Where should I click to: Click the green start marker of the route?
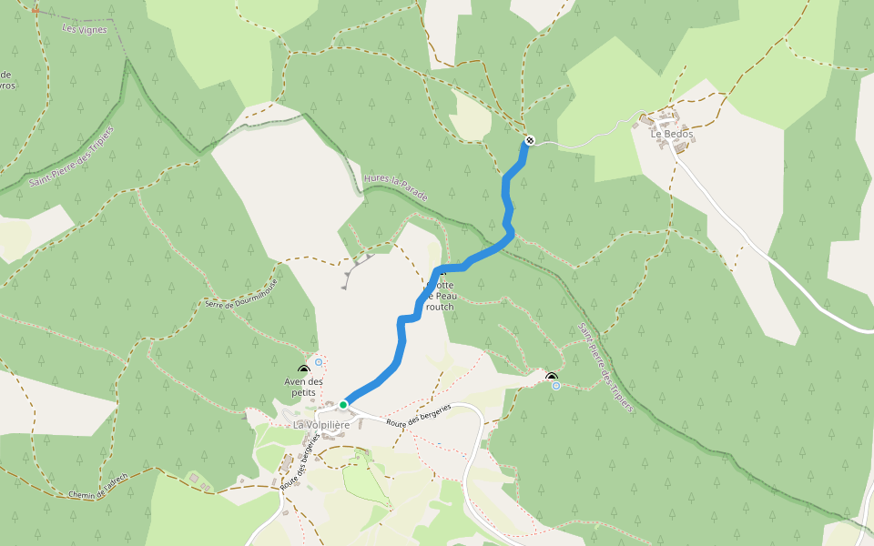pyautogui.click(x=343, y=404)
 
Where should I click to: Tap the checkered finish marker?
pyautogui.click(x=528, y=141)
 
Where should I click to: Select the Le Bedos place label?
pyautogui.click(x=671, y=134)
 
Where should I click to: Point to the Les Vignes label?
pyautogui.click(x=84, y=29)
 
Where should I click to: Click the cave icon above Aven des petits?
pyautogui.click(x=303, y=370)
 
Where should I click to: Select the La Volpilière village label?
pyautogui.click(x=321, y=425)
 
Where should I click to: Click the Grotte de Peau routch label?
pyautogui.click(x=439, y=296)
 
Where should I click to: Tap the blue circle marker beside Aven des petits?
pyautogui.click(x=319, y=362)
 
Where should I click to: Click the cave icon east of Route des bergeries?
pyautogui.click(x=551, y=377)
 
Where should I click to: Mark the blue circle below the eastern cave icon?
pyautogui.click(x=556, y=386)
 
